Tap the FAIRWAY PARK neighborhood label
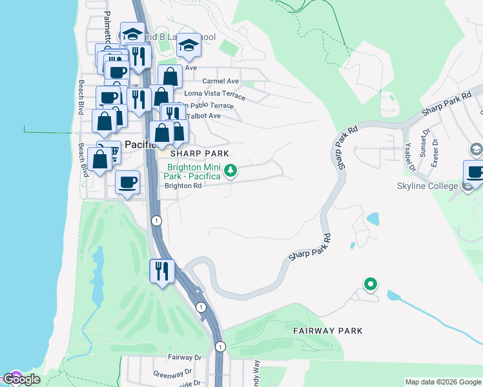pos(327,331)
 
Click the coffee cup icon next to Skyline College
pos(475,172)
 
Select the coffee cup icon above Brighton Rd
pos(128,182)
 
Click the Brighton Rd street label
pos(183,186)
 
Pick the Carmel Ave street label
pos(220,81)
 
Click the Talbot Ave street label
pos(203,116)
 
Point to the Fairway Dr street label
pos(185,357)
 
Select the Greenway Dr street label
pos(172,373)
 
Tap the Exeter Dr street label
pos(435,152)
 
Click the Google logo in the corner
pos(21,379)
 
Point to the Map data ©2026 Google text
pos(443,382)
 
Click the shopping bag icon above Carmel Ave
pos(170,77)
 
